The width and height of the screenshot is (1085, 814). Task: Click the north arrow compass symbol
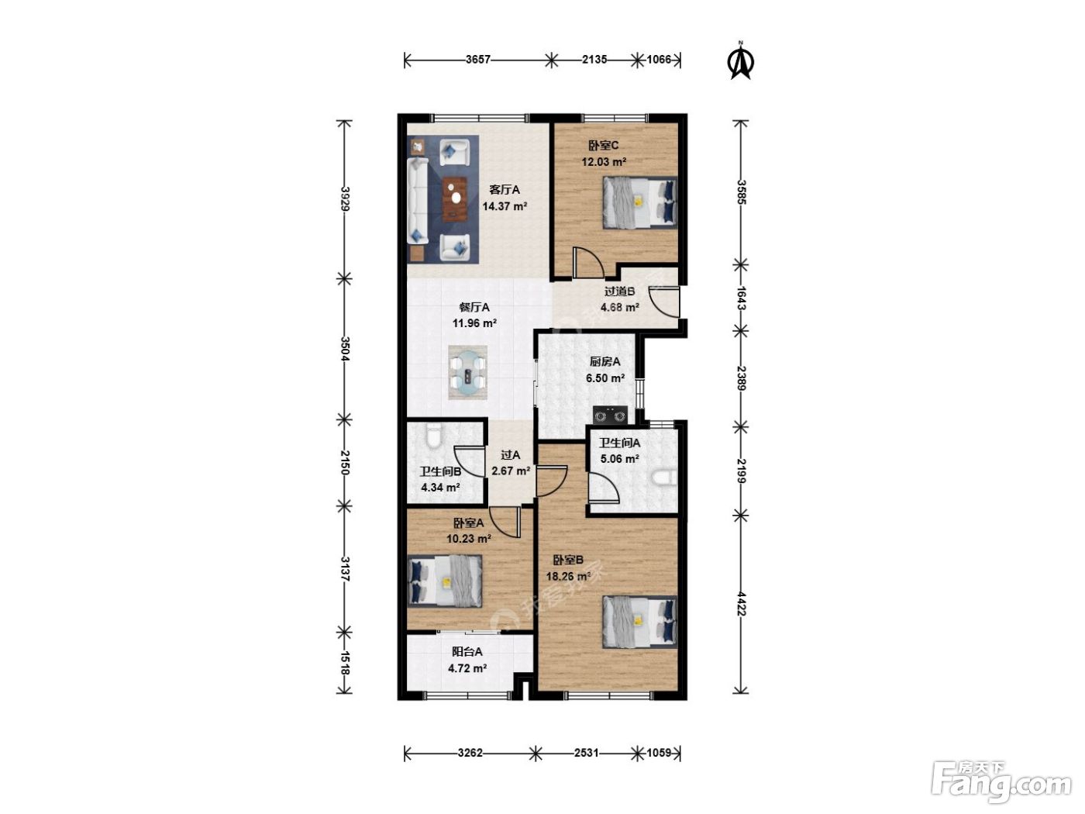740,61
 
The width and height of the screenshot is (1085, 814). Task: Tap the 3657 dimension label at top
477,60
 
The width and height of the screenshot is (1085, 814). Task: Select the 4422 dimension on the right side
740,603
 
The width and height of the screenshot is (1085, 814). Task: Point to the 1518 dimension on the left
345,663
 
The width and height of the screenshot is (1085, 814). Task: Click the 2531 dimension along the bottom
586,753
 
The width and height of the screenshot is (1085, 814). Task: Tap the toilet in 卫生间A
664,478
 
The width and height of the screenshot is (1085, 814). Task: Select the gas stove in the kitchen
609,415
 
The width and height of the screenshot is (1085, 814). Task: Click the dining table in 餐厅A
467,372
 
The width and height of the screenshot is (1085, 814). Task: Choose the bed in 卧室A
444,581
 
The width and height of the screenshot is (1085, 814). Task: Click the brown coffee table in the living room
109,198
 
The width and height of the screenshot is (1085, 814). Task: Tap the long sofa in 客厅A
418,200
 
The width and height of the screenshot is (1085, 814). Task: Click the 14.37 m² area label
505,206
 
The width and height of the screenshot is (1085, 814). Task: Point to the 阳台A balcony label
467,652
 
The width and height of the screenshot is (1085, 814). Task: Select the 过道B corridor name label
619,291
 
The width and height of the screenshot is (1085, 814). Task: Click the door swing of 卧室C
588,262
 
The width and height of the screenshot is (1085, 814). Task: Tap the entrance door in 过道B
664,302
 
